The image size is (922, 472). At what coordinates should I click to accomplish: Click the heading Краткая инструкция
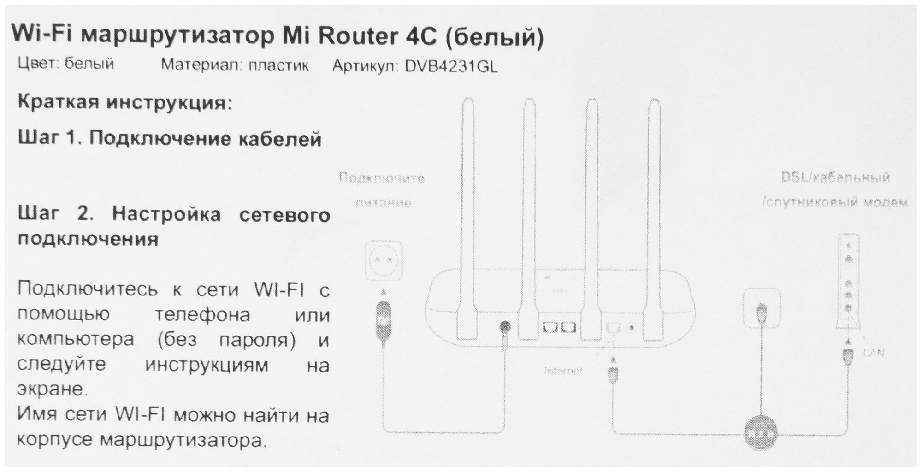coord(124,102)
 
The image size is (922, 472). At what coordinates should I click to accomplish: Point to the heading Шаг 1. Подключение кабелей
coord(169,138)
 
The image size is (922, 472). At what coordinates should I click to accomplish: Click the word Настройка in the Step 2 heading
coord(166,214)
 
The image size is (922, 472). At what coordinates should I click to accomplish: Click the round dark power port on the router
coord(505,327)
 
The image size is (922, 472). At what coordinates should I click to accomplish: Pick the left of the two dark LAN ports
coord(550,327)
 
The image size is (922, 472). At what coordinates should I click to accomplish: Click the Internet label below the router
coord(563,371)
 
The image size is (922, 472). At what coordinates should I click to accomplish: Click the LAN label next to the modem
coord(874,354)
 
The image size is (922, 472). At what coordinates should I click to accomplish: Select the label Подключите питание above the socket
coord(383,189)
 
